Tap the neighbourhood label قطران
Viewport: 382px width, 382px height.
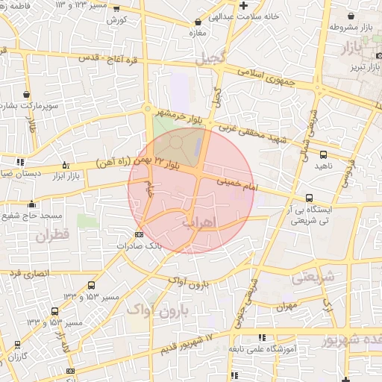[51, 235]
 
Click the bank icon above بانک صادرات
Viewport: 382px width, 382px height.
[138, 235]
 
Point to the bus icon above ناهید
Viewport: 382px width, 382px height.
[322, 155]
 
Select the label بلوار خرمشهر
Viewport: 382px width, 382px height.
[178, 115]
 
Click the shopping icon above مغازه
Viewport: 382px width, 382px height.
[197, 23]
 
